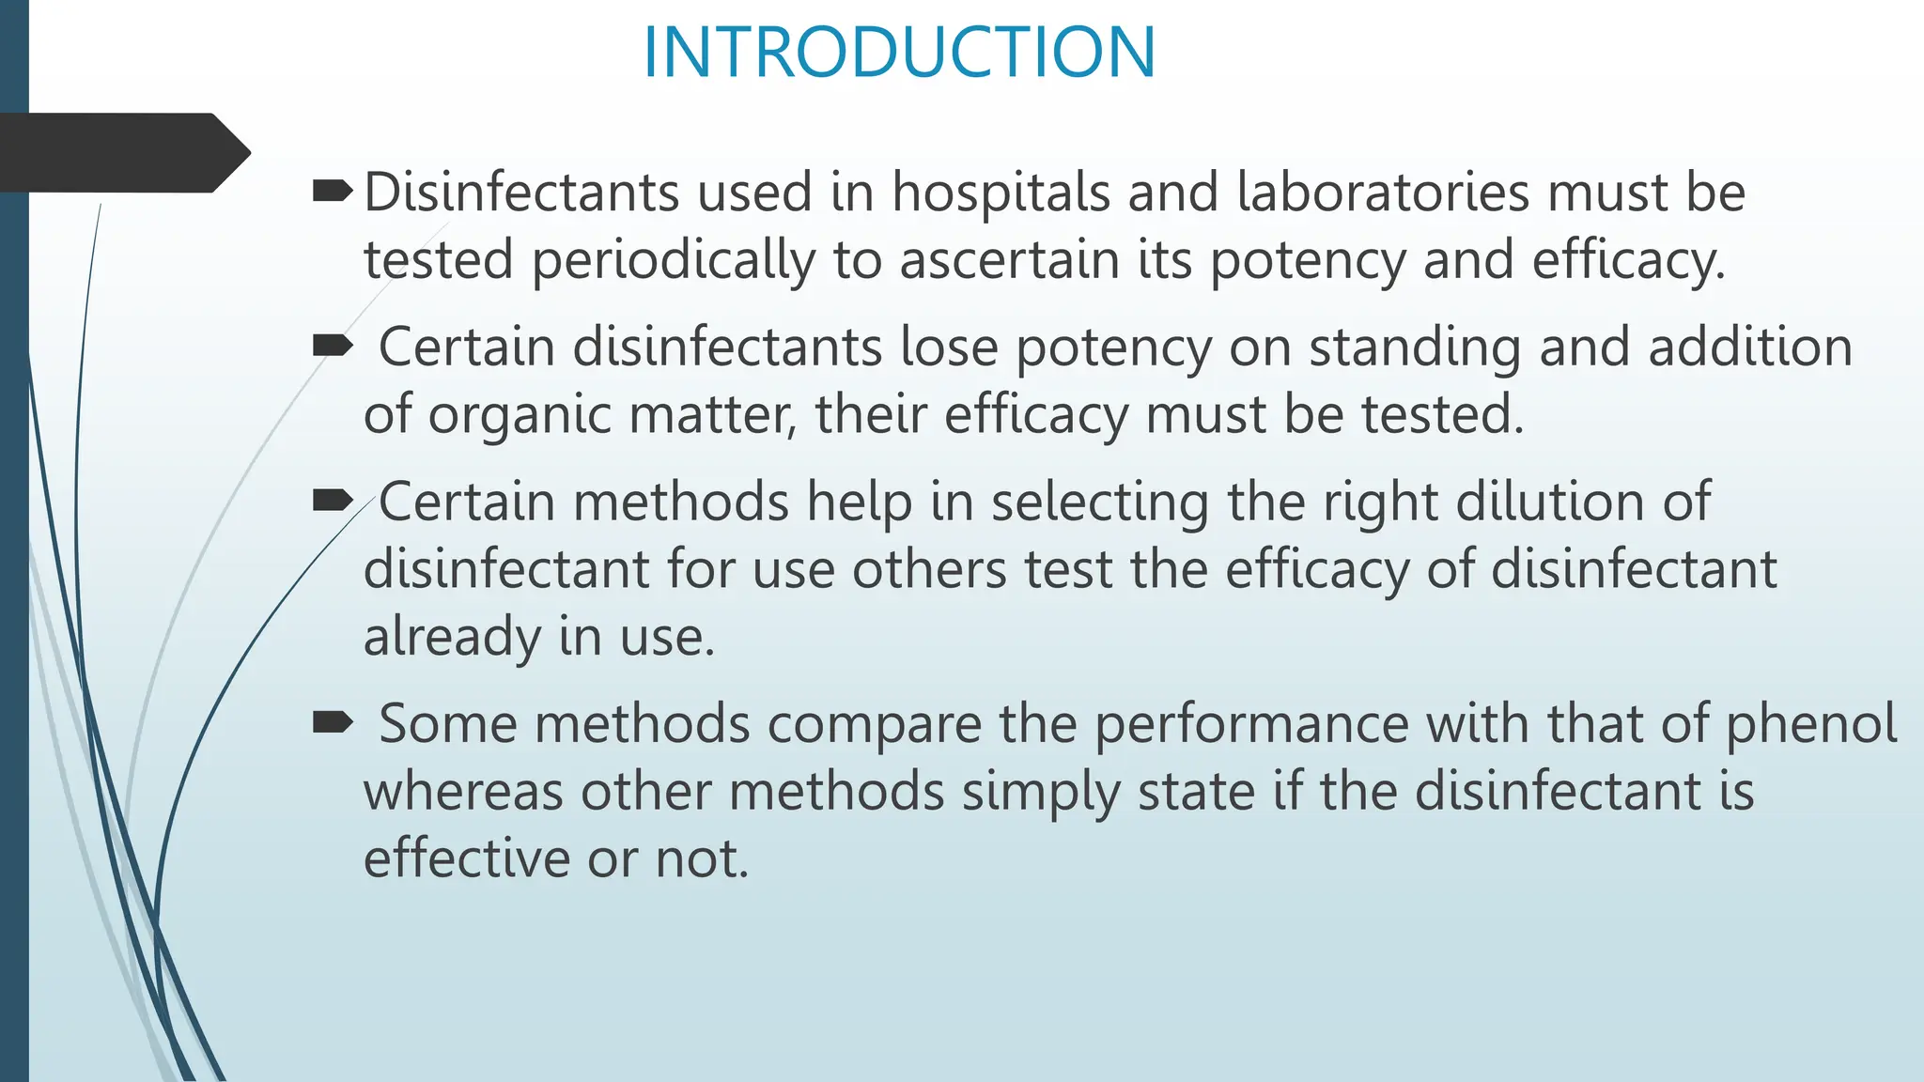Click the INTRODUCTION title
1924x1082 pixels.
point(899,53)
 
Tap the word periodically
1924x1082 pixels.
point(674,260)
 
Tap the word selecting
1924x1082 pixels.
point(1100,502)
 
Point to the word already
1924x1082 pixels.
point(452,637)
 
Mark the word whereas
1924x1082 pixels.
point(462,791)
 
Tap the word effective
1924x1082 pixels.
point(466,858)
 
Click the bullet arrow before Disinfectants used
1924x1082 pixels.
point(332,193)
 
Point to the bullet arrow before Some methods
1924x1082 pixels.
point(332,722)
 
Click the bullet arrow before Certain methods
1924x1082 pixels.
point(332,501)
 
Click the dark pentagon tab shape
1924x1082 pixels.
point(122,153)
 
